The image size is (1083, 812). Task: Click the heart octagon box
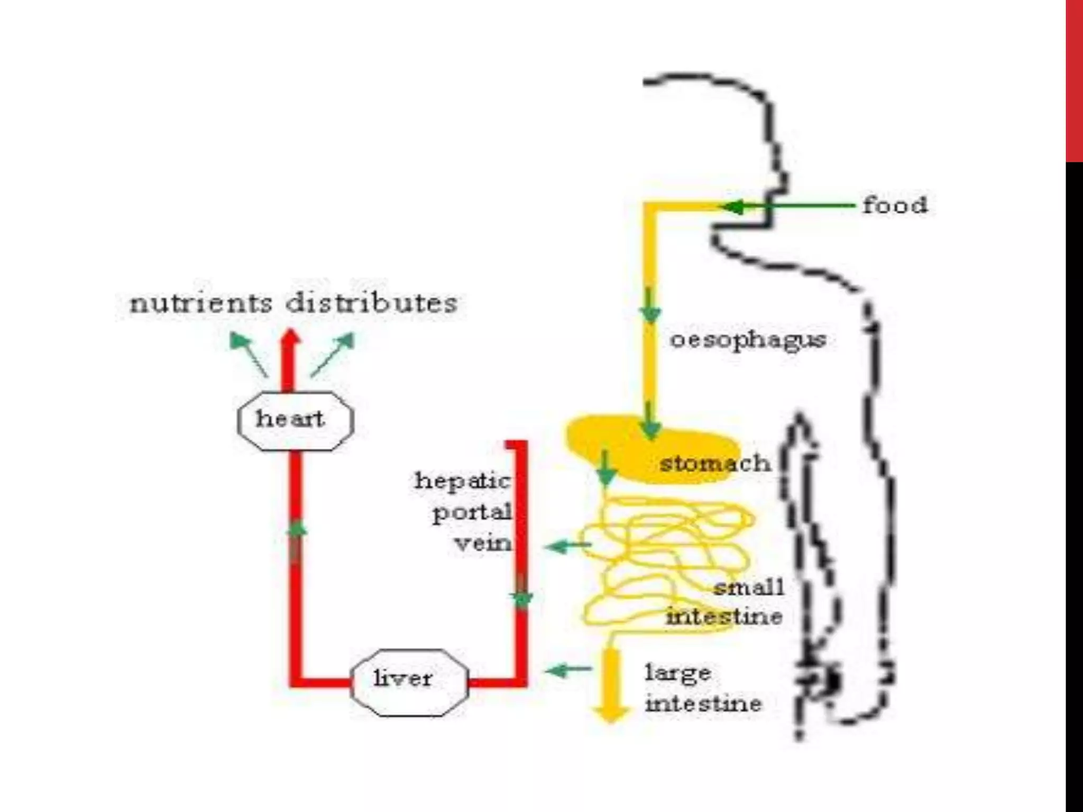coord(295,421)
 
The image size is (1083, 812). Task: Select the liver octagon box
coord(409,682)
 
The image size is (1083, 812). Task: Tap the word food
coord(895,205)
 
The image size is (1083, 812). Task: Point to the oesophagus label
coord(748,340)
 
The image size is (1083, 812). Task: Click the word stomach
coord(715,464)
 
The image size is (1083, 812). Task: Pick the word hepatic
coord(463,482)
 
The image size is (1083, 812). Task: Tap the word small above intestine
coord(748,587)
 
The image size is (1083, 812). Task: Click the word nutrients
coord(201,303)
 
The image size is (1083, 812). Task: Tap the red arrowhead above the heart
coord(290,338)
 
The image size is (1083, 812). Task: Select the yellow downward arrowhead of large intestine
coord(611,714)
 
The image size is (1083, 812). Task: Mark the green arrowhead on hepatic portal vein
coord(522,599)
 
